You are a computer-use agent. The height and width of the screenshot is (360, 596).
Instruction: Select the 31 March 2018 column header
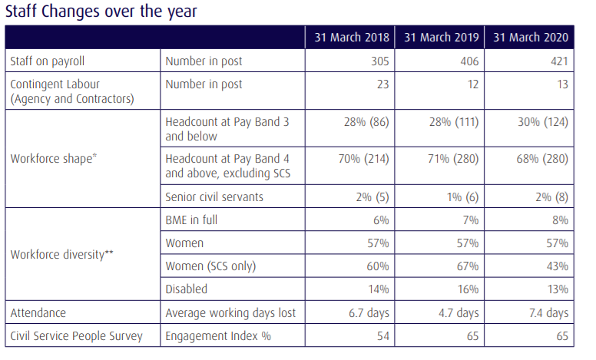click(349, 38)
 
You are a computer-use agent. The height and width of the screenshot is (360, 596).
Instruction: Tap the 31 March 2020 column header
click(531, 38)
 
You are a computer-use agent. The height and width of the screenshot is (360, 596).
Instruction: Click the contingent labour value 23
click(382, 84)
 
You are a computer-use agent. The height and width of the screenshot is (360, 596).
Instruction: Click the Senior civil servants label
click(214, 197)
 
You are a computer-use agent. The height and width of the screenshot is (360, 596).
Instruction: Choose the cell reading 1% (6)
click(462, 197)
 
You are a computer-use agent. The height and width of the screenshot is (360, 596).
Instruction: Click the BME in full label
click(192, 220)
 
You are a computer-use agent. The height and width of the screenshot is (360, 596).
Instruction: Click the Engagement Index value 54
click(382, 336)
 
